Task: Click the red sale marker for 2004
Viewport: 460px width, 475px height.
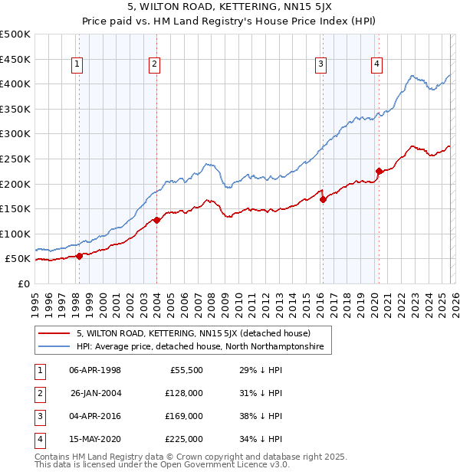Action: click(156, 220)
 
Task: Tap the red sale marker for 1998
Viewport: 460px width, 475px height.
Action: click(79, 256)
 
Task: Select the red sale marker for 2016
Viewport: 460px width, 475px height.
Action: click(323, 199)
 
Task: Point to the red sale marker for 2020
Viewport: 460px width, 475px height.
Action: click(379, 172)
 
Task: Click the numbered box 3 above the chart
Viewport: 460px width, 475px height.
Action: click(320, 65)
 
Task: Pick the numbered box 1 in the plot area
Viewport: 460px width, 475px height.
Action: click(77, 65)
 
